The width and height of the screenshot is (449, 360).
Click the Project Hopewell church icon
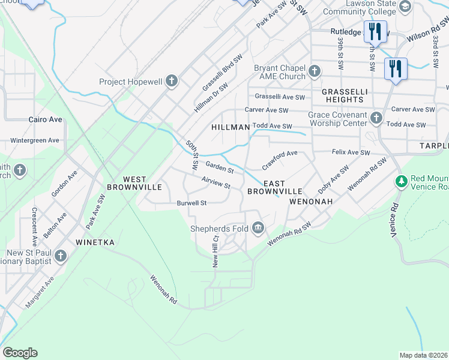tap(172, 82)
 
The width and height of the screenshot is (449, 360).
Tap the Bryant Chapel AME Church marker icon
tap(314, 73)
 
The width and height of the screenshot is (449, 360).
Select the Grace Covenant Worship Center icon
tap(376, 118)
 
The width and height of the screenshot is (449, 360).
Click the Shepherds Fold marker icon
tap(258, 228)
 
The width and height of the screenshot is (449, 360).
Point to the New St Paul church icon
tap(59, 257)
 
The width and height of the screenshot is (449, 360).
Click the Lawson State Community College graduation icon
tap(405, 7)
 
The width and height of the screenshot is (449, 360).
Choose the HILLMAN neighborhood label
tap(231, 127)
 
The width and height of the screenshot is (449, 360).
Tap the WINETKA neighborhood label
tap(95, 242)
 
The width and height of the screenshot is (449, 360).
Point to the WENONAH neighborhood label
tap(310, 202)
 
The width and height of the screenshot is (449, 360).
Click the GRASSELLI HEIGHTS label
tap(344, 96)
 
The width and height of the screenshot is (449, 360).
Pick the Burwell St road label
tap(191, 203)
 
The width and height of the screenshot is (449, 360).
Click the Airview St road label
tap(216, 182)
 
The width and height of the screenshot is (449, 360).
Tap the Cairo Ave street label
tap(46, 119)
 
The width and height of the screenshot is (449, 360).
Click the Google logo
tap(20, 353)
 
